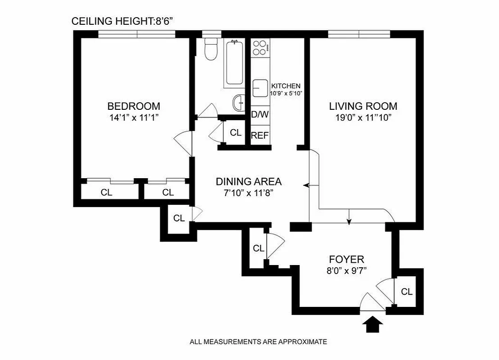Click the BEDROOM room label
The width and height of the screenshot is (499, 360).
[133, 106]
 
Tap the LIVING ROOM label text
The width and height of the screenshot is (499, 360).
[363, 106]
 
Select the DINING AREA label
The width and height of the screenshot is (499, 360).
[249, 181]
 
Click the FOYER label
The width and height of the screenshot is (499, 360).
[346, 259]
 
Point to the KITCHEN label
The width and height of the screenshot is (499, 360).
[286, 86]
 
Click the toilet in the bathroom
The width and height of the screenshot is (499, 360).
[210, 49]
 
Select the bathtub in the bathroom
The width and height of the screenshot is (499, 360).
[235, 63]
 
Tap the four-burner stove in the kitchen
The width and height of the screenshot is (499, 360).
[260, 47]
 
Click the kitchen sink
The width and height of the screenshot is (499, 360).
[260, 88]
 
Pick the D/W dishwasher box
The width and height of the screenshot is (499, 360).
[259, 115]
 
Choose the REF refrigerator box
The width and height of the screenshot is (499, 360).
[259, 135]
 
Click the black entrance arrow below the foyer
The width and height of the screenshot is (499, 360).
[373, 324]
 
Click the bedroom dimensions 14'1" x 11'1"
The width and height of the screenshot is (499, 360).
[133, 117]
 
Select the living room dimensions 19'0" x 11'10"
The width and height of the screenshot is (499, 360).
[363, 117]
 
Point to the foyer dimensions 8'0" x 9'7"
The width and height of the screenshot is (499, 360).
[346, 271]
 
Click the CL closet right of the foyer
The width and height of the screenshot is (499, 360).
[407, 292]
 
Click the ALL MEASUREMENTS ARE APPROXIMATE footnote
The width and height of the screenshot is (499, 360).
[258, 342]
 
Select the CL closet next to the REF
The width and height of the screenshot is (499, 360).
[236, 133]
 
